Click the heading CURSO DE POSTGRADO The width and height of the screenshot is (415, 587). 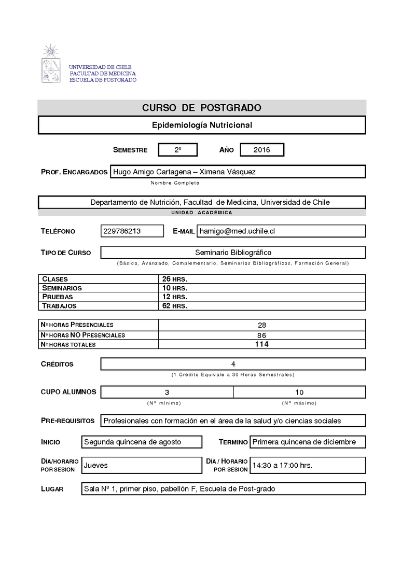point(202,108)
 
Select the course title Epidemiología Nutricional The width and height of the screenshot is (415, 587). point(202,125)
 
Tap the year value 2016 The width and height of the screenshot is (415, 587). point(262,150)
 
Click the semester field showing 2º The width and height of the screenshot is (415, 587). point(178,150)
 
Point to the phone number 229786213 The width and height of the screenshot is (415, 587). point(122,231)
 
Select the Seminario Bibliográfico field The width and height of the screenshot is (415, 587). point(233,253)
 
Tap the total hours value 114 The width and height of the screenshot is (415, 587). point(261,344)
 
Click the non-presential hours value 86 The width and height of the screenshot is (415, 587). point(261,335)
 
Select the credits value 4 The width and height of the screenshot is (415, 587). point(233,364)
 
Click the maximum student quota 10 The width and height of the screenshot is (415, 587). point(299,392)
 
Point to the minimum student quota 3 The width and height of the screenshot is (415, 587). point(167,392)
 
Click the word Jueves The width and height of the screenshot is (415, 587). point(96,465)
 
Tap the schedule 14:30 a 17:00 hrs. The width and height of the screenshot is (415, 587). point(282,466)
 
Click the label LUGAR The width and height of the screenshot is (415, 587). point(52,489)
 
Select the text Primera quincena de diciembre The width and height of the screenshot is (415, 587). point(304,442)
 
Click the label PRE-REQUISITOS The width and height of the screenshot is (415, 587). point(67,421)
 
